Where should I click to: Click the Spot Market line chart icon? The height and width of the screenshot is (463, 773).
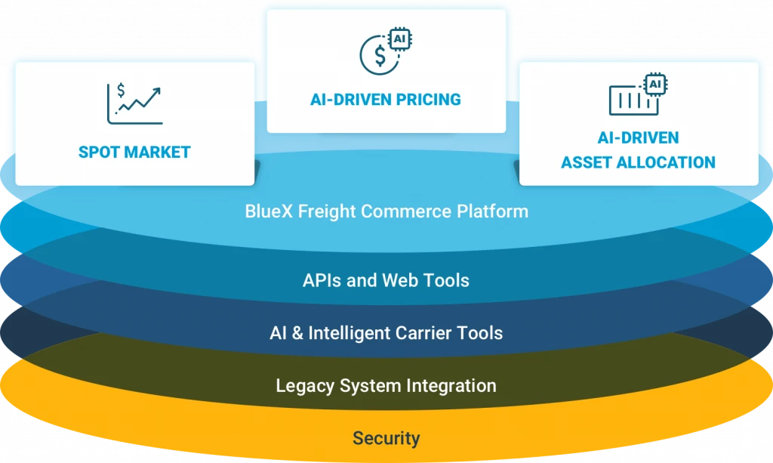[134, 104]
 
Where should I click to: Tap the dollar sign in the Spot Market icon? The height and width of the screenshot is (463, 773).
[121, 91]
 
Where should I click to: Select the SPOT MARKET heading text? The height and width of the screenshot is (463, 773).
[134, 153]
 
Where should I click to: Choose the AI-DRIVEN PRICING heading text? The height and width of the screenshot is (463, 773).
[385, 100]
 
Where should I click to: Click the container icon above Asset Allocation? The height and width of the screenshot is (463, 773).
[633, 100]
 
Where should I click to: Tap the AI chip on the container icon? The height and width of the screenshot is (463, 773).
[654, 83]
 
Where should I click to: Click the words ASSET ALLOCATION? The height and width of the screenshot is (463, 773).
[638, 162]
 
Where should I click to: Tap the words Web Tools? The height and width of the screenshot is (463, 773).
[424, 281]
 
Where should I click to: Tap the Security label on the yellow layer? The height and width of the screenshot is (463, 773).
[386, 438]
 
